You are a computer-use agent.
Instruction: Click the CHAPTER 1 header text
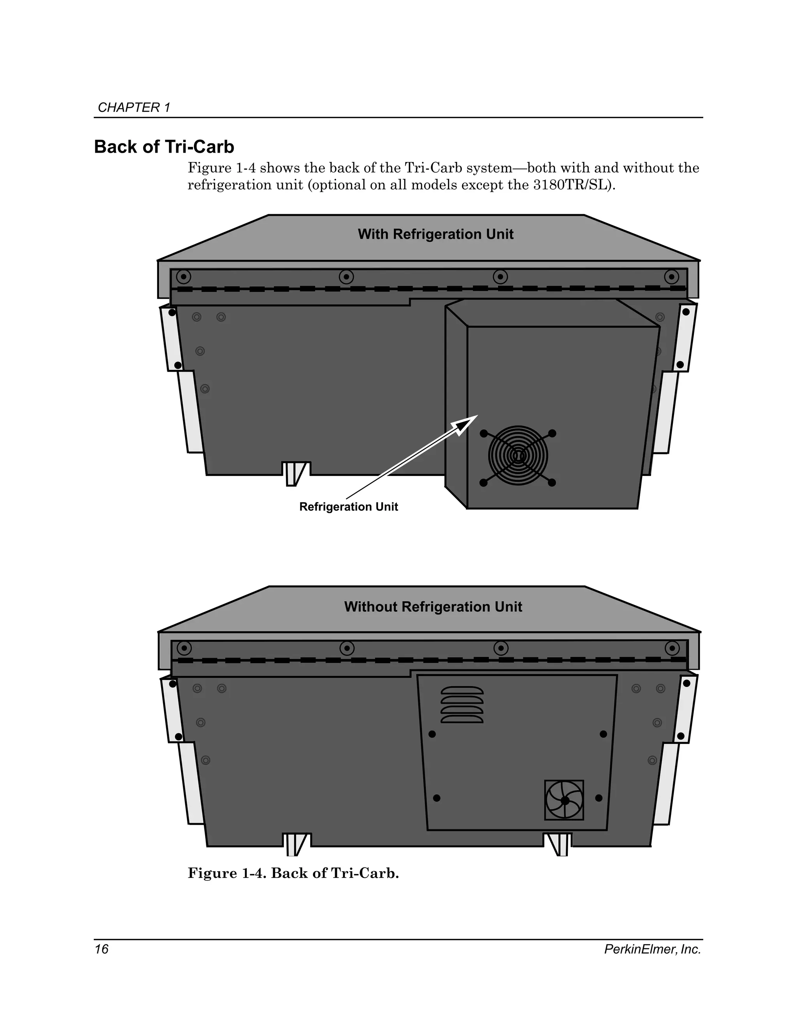133,108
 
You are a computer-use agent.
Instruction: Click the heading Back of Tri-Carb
164,147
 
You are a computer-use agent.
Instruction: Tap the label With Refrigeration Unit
435,234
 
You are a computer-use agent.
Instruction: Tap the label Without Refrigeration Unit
433,607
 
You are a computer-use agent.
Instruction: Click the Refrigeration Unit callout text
348,507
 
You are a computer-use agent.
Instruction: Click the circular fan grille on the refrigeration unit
518,456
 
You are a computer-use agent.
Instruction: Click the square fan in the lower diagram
564,800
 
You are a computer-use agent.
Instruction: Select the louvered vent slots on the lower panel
462,704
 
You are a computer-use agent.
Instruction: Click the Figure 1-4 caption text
293,873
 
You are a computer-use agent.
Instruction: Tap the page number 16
102,949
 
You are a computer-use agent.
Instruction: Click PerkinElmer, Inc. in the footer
652,949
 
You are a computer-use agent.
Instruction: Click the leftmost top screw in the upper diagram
184,276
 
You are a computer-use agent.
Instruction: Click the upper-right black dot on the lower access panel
603,734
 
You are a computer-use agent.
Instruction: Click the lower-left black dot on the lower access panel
437,798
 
